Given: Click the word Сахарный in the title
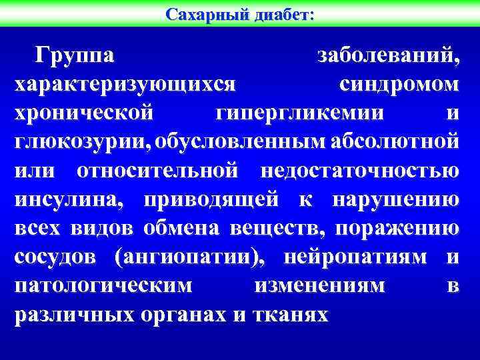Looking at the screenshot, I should pyautogui.click(x=206, y=13).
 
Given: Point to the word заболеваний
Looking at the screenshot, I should pyautogui.click(x=387, y=56).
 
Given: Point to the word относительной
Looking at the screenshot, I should pyautogui.click(x=157, y=171).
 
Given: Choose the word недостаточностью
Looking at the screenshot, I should pyautogui.click(x=359, y=171).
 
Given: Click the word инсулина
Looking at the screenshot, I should pyautogui.click(x=72, y=199).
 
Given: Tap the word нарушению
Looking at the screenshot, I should pyautogui.click(x=395, y=199).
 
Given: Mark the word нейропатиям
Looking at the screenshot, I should pyautogui.click(x=357, y=257).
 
